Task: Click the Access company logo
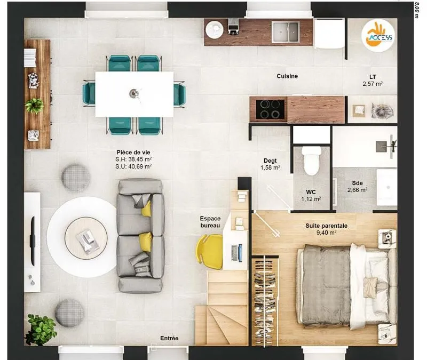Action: point(378,35)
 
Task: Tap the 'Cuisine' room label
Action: point(287,76)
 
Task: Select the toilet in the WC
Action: point(311,161)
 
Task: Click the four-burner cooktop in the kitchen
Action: point(270,109)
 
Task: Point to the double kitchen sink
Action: point(286,32)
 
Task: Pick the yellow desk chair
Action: point(209,251)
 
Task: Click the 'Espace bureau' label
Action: point(210,222)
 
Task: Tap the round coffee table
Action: point(86,238)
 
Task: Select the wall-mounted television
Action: point(33,241)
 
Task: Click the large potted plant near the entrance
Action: point(41,329)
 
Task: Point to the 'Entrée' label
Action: point(169,338)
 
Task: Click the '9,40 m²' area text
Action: point(326,233)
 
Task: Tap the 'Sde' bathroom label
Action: point(357,183)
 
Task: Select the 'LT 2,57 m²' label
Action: point(373,81)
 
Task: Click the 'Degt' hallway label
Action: point(270,161)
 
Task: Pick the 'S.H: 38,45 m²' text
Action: point(133,159)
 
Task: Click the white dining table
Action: point(135,94)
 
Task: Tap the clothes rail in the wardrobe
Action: point(264,301)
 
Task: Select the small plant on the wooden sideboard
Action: point(35,105)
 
